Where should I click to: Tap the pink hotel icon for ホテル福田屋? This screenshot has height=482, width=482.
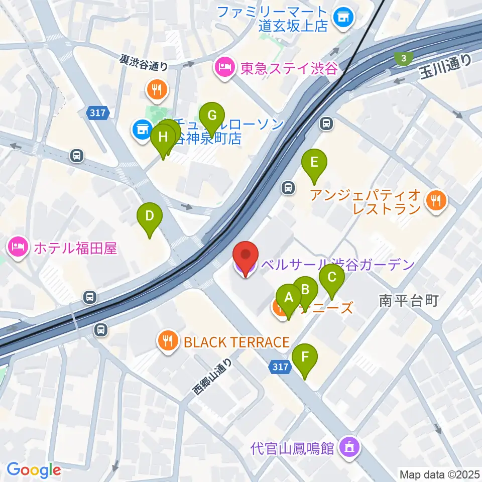(17, 248)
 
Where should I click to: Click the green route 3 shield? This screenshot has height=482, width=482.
(402, 58)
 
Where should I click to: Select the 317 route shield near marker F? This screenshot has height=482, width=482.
(282, 367)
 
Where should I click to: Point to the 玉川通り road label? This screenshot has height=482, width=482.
(445, 67)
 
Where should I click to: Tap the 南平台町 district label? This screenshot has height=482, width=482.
(409, 301)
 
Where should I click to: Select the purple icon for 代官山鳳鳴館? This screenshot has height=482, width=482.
(348, 447)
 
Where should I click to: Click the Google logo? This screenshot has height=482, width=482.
(34, 470)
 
